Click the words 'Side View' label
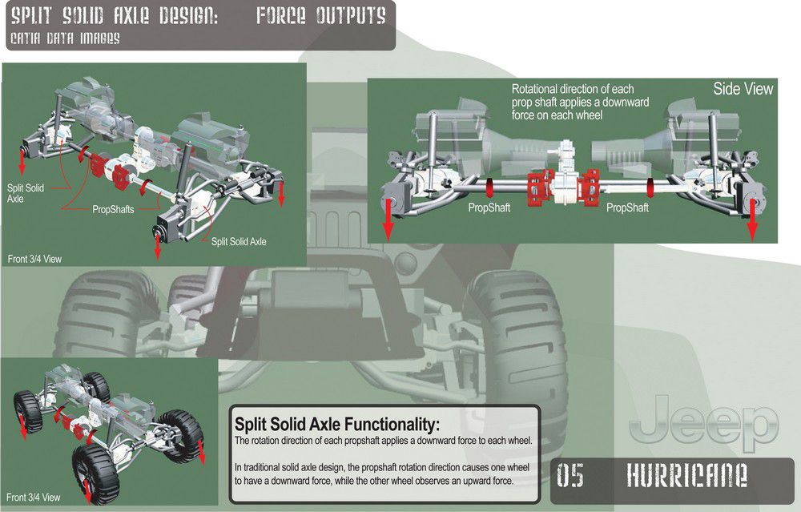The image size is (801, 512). tap(743, 89)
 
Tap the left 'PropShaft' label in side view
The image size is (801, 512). tap(489, 208)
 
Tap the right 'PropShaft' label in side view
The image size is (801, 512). tap(627, 208)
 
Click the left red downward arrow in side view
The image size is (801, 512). tap(388, 220)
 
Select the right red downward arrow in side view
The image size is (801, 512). tap(752, 220)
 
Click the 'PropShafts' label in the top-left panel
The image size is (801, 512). tap(113, 209)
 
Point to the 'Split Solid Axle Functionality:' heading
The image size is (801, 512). tap(337, 424)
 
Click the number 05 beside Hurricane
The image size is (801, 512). tap(570, 474)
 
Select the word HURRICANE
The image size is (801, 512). tap(686, 474)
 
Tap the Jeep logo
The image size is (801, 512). tap(704, 423)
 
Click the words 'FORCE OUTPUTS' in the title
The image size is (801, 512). tap(321, 16)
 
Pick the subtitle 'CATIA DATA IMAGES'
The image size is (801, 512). tap(65, 38)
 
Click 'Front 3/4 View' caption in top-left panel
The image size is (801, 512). tap(34, 259)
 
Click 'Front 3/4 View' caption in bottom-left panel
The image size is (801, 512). tap(33, 498)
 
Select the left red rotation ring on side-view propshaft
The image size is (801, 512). tap(489, 187)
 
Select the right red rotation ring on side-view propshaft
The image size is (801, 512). tap(650, 187)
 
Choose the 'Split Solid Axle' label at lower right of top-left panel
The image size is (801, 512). tap(239, 242)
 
